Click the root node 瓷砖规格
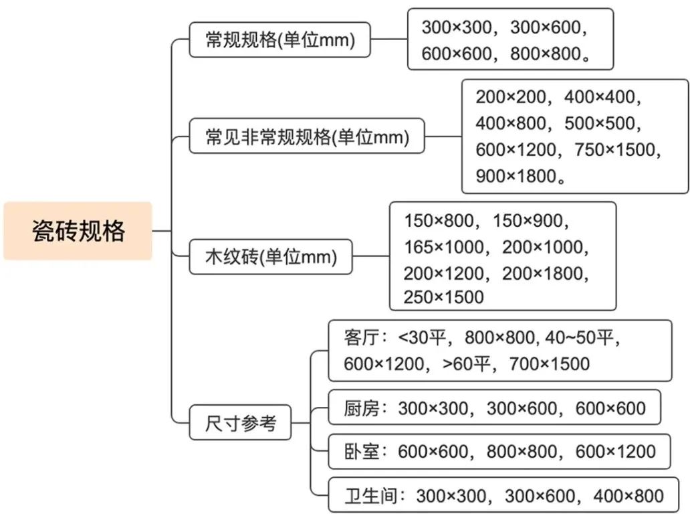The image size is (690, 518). click(x=78, y=231)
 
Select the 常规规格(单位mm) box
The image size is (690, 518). click(x=280, y=39)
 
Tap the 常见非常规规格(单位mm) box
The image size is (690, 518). click(x=307, y=136)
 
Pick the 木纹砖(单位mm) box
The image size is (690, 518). click(x=271, y=257)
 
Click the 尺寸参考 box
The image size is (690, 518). click(x=240, y=423)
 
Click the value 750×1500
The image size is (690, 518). click(x=614, y=150)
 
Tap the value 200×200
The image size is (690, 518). click(x=511, y=97)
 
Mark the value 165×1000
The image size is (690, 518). click(x=444, y=247)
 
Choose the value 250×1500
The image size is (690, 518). click(x=444, y=297)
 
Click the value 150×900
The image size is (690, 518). click(x=528, y=221)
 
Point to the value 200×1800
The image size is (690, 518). click(x=543, y=274)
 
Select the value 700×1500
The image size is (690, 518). click(x=550, y=364)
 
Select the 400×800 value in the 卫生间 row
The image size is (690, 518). click(x=628, y=496)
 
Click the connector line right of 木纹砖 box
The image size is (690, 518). click(x=371, y=256)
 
